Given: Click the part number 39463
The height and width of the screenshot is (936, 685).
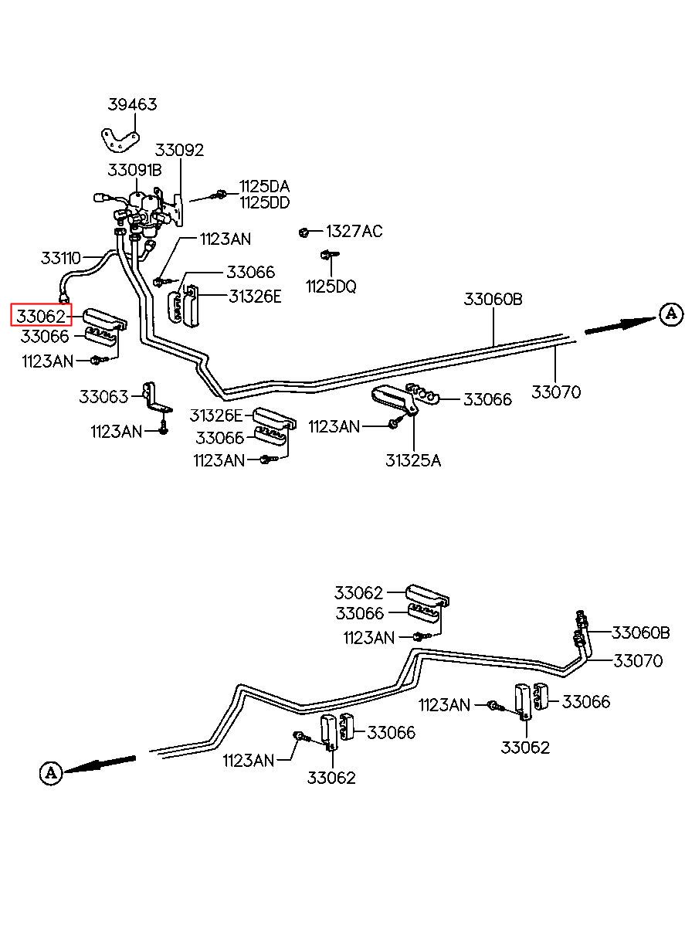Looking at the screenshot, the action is pos(132,104).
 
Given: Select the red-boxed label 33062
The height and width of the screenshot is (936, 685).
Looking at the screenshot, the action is pos(41,317).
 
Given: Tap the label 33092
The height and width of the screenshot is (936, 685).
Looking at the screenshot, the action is pos(179,150).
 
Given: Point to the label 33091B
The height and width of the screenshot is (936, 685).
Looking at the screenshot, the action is pos(134,170).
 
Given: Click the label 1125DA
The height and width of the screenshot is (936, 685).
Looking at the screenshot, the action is pos(265,186).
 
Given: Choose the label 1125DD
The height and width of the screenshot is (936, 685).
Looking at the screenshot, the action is pos(265,202).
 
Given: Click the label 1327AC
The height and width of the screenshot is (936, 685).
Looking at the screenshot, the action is pos(354,231).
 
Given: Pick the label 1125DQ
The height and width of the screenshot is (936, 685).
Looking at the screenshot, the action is pos(331,287).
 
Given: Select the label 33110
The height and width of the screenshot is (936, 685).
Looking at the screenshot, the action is pos(61,258).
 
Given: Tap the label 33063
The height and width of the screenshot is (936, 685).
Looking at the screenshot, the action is pos(103,396).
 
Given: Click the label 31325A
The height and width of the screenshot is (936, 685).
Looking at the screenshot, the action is pos(413,460).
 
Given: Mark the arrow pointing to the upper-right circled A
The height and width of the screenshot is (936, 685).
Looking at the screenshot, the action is pos(620,325).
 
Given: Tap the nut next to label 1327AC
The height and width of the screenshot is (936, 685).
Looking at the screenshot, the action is pos(304,232).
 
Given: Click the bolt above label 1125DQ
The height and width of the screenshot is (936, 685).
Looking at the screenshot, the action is pos(329,255).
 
